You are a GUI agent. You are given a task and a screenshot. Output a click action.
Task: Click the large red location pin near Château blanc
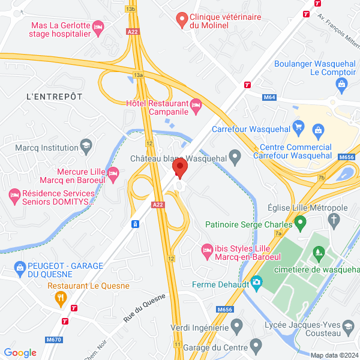[179, 167]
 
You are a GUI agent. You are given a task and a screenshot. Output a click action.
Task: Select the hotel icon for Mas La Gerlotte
[99, 26]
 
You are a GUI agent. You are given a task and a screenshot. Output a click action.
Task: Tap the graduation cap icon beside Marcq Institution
[86, 147]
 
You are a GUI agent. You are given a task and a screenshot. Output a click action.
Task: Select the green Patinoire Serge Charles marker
[301, 224]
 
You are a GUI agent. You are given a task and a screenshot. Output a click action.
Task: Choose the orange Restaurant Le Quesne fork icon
[60, 297]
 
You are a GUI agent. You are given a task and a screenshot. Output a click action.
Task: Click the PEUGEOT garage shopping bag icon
[20, 266]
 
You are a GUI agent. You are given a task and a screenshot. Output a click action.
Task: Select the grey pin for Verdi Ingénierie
[237, 328]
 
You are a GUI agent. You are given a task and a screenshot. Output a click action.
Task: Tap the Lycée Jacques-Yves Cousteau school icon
[348, 328]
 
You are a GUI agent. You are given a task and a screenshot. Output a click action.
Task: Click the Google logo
[20, 352]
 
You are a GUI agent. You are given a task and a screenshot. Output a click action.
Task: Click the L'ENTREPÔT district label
[54, 96]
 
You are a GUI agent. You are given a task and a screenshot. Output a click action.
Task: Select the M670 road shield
[54, 340]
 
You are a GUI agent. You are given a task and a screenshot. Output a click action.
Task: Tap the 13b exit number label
[131, 10]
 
